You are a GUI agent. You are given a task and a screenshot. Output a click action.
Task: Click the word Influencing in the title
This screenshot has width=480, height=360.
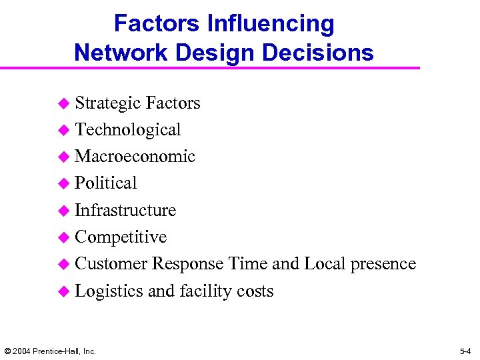click(x=271, y=24)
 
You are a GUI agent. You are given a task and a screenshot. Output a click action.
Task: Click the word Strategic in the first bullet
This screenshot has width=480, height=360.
click(x=107, y=103)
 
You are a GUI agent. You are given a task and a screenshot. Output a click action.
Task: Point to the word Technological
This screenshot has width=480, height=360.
click(x=127, y=130)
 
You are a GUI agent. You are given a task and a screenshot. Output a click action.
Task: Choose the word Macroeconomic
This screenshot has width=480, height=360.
click(x=135, y=157)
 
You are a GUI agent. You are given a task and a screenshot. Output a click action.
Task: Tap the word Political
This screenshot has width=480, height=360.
click(x=105, y=183)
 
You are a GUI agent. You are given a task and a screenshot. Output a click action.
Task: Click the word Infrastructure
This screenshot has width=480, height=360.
click(x=125, y=211)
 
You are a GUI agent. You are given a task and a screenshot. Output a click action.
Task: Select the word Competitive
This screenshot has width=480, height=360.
click(x=121, y=237)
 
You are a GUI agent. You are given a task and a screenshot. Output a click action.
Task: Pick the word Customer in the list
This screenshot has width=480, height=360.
click(x=111, y=264)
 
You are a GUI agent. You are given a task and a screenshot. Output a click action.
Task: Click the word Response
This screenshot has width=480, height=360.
click(x=187, y=264)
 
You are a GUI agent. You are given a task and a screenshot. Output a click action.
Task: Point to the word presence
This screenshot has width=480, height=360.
click(x=383, y=264)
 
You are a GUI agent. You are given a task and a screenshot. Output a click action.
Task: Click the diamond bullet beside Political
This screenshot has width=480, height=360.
click(x=63, y=184)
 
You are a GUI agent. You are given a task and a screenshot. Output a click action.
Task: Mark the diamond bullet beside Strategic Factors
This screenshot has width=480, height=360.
click(x=63, y=104)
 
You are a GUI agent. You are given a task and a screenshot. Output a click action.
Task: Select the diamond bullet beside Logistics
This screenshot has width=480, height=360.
click(x=63, y=292)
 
